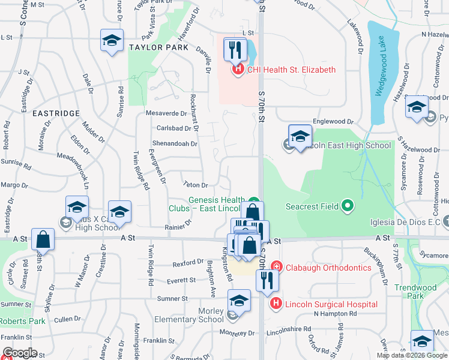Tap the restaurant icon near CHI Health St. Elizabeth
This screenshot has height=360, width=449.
click(235, 49)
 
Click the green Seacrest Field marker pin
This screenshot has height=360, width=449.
click(347, 206)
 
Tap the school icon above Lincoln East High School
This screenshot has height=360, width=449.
click(300, 136)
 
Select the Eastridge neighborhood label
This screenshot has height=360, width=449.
click(56, 113)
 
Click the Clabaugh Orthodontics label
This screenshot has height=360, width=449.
click(328, 268)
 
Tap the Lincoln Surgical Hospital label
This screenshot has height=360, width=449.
click(331, 304)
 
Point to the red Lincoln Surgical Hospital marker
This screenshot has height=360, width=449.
click(276, 304)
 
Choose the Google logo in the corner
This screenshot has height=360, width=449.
click(19, 353)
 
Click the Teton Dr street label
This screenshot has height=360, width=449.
click(196, 185)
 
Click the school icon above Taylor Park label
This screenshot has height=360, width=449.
click(112, 41)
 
